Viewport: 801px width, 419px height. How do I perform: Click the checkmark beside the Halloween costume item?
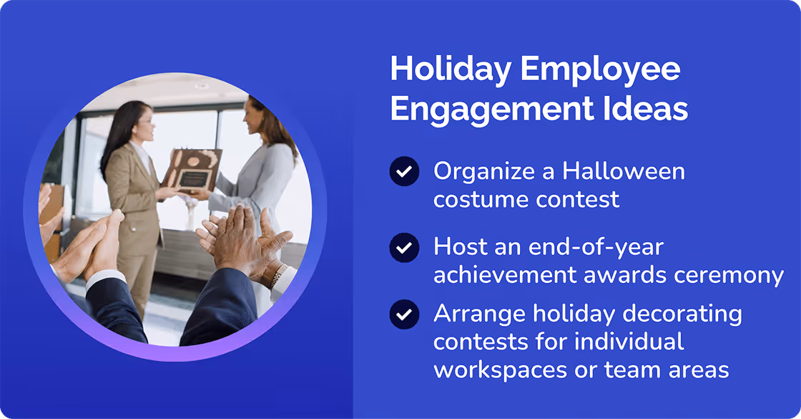click(404, 172)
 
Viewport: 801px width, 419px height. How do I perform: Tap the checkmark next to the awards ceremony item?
click(404, 248)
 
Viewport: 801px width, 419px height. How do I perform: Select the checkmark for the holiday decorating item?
click(404, 314)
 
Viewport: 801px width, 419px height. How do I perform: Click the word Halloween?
click(624, 172)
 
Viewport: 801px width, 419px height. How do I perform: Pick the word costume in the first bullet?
click(477, 199)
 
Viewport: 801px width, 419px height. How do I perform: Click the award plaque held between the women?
click(192, 168)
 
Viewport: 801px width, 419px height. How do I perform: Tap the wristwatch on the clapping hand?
click(277, 274)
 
